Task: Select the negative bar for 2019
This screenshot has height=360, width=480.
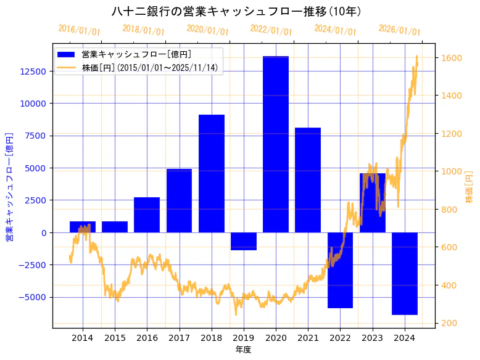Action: (x=244, y=241)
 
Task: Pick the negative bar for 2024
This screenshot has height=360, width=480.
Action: (x=405, y=273)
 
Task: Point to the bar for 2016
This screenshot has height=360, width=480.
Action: (x=147, y=215)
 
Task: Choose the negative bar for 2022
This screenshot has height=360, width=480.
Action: (x=340, y=270)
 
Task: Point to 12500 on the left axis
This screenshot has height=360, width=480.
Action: (x=33, y=72)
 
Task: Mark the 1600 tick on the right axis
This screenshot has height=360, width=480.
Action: (x=451, y=58)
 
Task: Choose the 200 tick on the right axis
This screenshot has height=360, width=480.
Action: (x=449, y=323)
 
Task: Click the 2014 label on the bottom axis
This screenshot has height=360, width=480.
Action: (x=83, y=338)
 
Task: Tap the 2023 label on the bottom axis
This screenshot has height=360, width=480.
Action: (x=372, y=338)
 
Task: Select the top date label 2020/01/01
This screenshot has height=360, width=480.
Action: (x=207, y=30)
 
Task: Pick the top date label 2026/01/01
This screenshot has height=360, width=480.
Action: (x=399, y=30)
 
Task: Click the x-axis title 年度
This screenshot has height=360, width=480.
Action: (x=244, y=350)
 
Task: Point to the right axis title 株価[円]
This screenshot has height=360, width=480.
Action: (x=469, y=187)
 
